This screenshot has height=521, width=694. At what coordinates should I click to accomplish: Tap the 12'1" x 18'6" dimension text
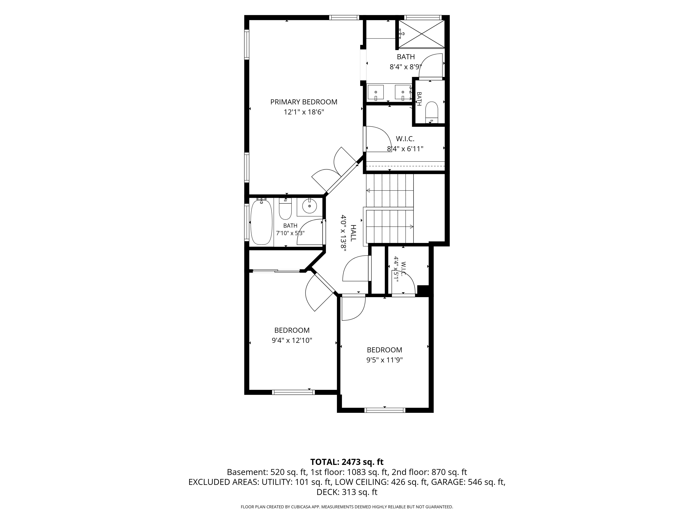[304, 112]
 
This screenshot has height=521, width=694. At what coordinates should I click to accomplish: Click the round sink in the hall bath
[310, 206]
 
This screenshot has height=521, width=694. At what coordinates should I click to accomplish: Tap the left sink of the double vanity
[376, 93]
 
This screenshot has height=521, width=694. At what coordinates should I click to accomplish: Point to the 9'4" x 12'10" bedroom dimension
[292, 340]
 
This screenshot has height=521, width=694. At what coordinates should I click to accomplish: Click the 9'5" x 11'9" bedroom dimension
[384, 360]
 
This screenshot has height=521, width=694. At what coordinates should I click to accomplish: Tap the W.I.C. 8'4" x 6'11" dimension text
[405, 149]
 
